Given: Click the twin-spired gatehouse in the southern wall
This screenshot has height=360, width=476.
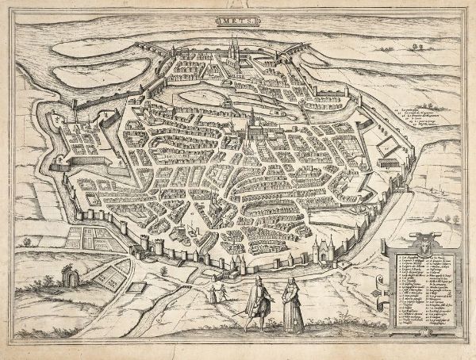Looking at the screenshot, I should click(324, 247).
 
